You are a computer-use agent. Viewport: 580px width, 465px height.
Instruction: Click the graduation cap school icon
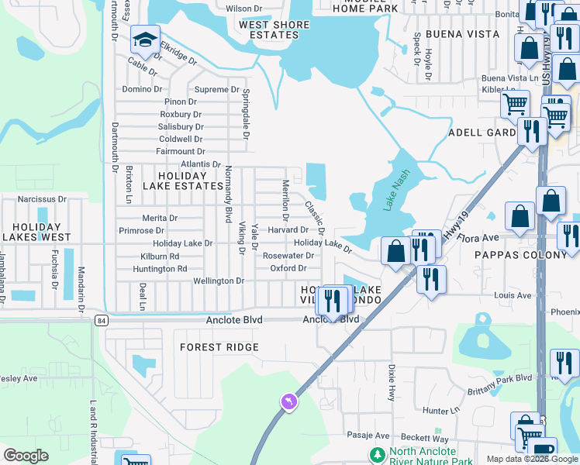[145, 40]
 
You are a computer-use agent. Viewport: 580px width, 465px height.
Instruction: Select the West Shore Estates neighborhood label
[274, 30]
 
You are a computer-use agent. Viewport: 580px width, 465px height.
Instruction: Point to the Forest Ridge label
[219, 347]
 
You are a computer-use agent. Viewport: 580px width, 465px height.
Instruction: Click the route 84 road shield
[101, 319]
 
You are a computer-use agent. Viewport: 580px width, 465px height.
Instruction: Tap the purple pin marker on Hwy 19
[288, 401]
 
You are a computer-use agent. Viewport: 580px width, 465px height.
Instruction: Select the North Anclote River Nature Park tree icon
[378, 453]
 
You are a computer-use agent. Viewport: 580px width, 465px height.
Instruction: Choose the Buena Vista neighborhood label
[457, 35]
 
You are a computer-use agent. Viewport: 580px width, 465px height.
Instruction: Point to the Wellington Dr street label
[219, 281]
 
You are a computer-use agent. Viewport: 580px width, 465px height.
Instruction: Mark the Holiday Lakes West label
[36, 232]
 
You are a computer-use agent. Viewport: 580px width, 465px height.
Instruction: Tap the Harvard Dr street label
[288, 230]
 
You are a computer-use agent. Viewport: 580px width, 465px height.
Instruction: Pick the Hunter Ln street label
[441, 410]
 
